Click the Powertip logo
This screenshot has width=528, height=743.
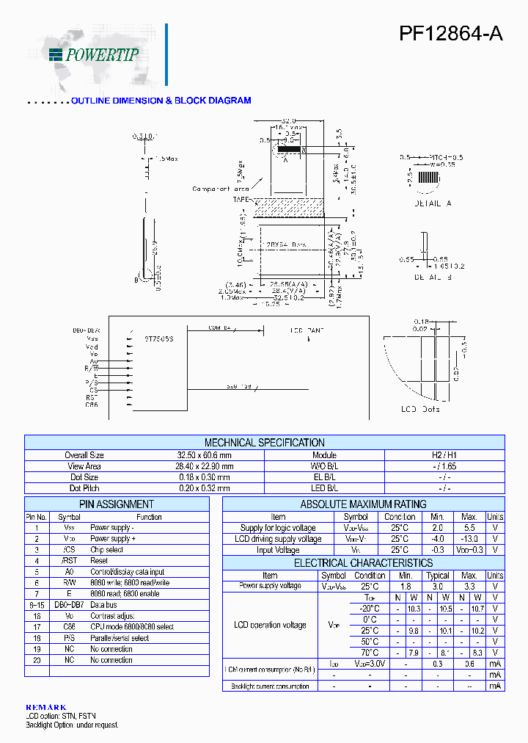93,54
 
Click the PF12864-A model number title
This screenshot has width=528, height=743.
450,34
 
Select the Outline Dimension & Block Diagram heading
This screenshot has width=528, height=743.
161,101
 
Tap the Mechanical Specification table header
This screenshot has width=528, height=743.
264,443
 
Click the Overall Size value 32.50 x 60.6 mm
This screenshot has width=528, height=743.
200,455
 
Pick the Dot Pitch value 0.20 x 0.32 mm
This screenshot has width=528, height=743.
200,488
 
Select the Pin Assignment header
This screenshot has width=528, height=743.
117,504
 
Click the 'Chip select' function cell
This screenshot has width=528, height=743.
107,550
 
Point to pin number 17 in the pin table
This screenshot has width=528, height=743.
37,627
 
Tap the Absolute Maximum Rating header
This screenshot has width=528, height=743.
363,504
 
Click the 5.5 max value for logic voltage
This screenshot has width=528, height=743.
470,528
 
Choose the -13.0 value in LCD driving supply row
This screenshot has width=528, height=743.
470,539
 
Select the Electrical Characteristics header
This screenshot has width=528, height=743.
363,563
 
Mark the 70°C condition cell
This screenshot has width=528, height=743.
369,653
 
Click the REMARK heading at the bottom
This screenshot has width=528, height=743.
45,707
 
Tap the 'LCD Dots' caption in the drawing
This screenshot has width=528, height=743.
420,409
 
